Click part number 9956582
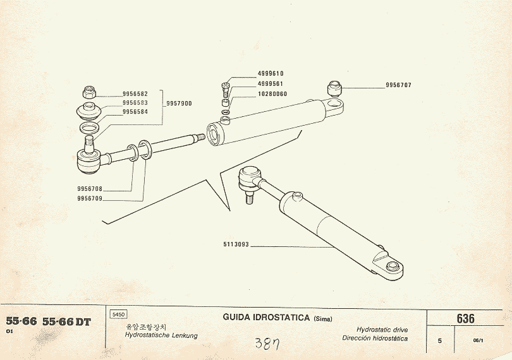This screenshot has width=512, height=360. coord(135,94)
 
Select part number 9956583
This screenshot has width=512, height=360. coord(135,103)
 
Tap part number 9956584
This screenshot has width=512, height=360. coord(135,112)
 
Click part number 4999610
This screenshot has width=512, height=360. coord(271,73)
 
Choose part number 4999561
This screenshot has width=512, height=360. coord(271,83)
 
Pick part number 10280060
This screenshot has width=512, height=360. coord(272,93)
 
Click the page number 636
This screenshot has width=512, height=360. coord(465,318)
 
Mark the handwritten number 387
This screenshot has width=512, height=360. coord(267,344)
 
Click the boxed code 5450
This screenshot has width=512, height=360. coord(118,314)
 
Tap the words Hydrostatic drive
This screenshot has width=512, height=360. coord(382,330)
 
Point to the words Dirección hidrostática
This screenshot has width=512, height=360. coord(375,338)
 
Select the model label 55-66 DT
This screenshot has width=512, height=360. coord(66,321)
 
